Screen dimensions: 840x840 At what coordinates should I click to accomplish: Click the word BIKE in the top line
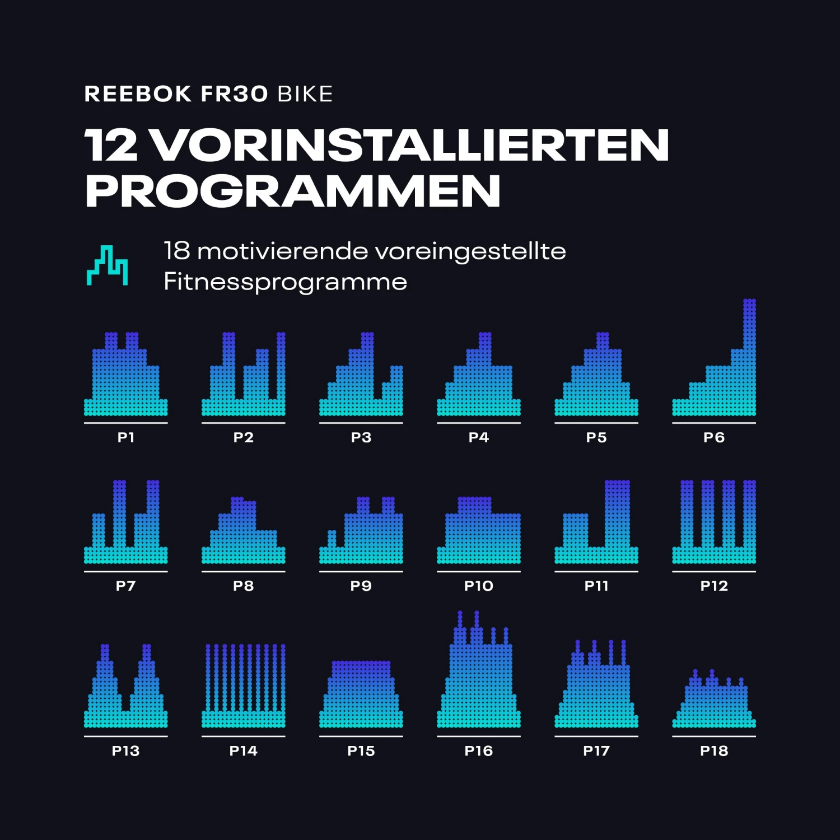pyautogui.click(x=305, y=94)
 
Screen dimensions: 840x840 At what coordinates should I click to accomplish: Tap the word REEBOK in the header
pyautogui.click(x=138, y=94)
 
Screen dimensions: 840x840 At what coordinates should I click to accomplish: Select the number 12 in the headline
pyautogui.click(x=111, y=145)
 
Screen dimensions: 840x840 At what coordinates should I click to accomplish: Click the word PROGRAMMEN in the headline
pyautogui.click(x=292, y=192)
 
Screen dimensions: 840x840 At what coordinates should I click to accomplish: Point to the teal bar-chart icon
pyautogui.click(x=107, y=265)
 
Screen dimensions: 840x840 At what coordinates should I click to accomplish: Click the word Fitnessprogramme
pyautogui.click(x=285, y=281)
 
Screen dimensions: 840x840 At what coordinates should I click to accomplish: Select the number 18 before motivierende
pyautogui.click(x=177, y=251)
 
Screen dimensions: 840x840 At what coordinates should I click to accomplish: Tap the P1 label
pyautogui.click(x=126, y=437)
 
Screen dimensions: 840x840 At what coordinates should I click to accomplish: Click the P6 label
pyautogui.click(x=714, y=437)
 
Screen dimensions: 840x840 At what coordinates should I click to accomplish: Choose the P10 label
pyautogui.click(x=479, y=586)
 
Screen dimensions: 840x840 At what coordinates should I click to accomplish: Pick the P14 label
pyautogui.click(x=244, y=751)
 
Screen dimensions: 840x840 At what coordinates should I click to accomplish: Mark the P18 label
pyautogui.click(x=714, y=751)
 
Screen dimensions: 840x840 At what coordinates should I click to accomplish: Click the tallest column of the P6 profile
pyautogui.click(x=750, y=358)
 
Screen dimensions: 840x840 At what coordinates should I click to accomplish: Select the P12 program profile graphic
pyautogui.click(x=714, y=524)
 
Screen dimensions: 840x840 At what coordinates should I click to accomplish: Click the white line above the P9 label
pyautogui.click(x=361, y=572)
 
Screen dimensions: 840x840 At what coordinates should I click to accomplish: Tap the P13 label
pyautogui.click(x=125, y=751)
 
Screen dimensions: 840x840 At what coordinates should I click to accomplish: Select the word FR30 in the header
pyautogui.click(x=235, y=94)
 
